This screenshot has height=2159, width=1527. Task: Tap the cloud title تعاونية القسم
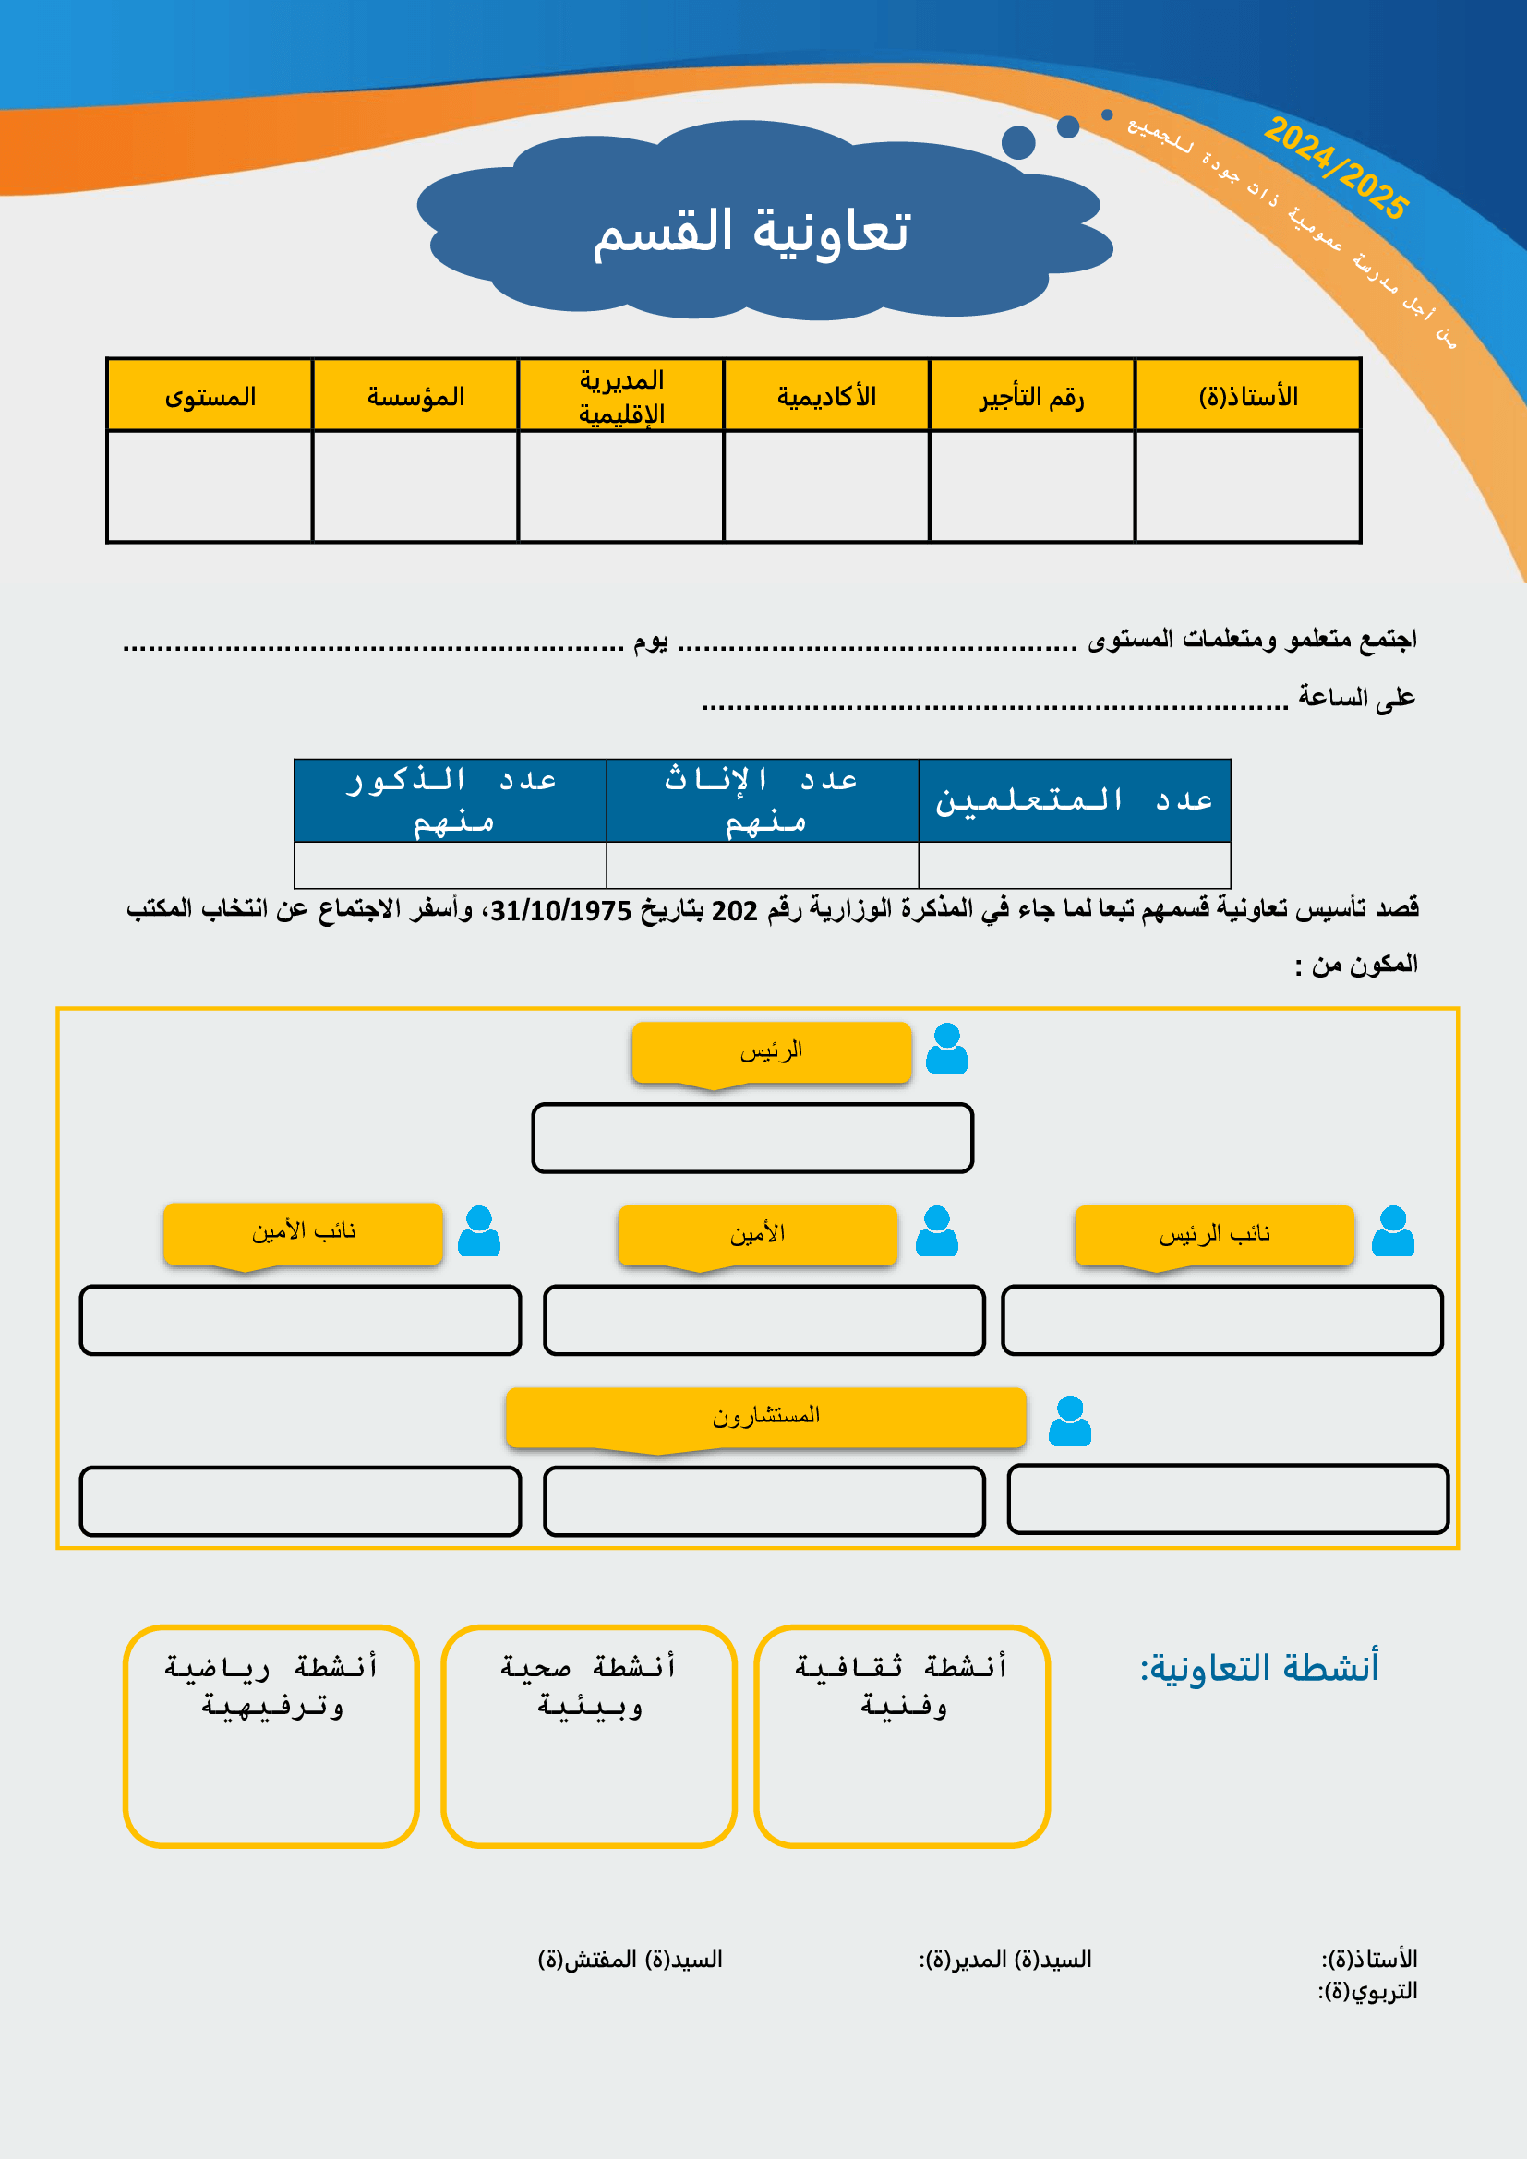pos(751,232)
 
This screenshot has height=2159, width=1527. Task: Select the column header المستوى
pos(210,396)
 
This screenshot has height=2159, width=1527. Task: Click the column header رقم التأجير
pos(1031,396)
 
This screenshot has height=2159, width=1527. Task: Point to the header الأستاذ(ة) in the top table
pos(1248,396)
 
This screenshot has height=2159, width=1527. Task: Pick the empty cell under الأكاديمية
pos(826,486)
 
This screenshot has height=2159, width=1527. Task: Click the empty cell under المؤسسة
pos(415,486)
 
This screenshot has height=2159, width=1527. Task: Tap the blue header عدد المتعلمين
pos(1074,800)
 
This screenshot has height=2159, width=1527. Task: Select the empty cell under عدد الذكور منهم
pos(450,864)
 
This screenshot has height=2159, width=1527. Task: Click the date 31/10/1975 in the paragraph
pos(560,910)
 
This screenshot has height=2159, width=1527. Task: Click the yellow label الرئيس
pos(771,1050)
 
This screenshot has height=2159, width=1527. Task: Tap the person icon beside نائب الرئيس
pos(1392,1231)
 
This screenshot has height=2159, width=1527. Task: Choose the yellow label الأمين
pos(757,1234)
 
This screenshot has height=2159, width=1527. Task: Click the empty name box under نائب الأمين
pos(300,1319)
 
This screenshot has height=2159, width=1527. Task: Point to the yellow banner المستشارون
pos(765,1415)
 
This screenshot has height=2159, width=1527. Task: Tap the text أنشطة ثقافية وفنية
pos(902,1685)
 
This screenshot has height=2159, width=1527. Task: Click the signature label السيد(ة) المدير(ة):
pos(1005,1960)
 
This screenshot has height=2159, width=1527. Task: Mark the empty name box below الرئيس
pos(752,1138)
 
